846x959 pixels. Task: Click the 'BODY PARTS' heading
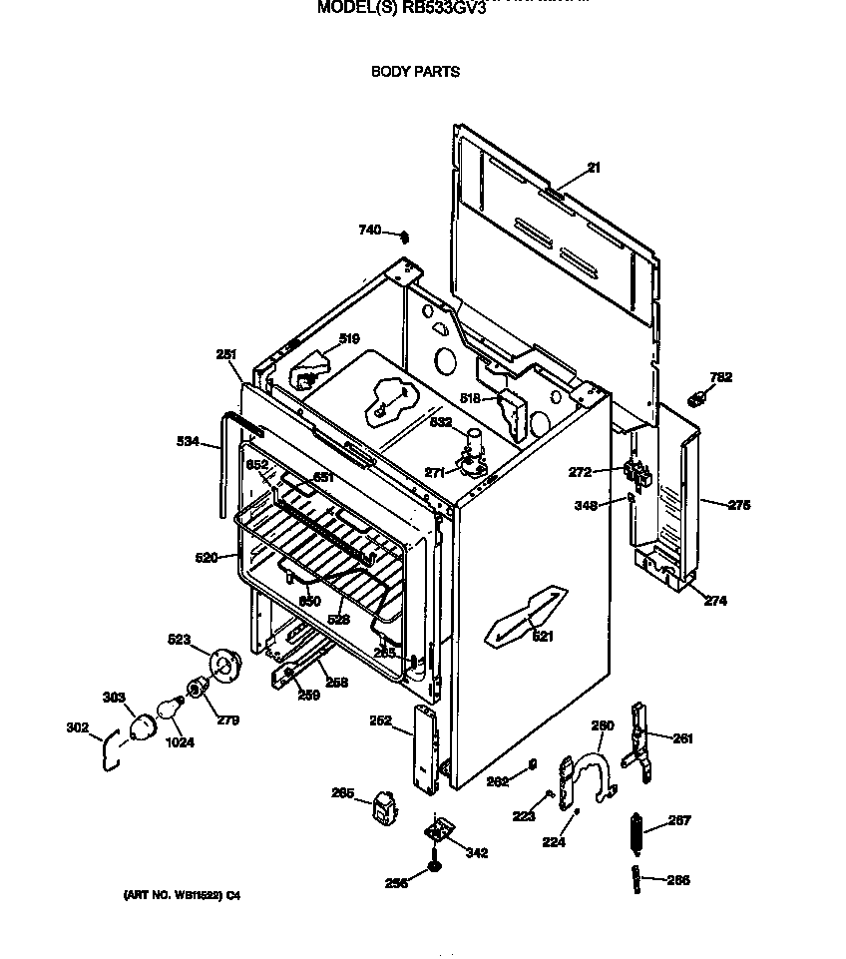tap(415, 72)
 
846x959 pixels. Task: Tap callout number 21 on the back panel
tap(594, 168)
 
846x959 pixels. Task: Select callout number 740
tap(369, 231)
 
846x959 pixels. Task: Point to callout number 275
tap(738, 505)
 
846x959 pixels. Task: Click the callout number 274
tap(715, 601)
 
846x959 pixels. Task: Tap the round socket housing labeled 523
tap(223, 664)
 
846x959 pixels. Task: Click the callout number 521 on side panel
tap(542, 636)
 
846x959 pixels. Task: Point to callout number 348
tap(586, 506)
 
